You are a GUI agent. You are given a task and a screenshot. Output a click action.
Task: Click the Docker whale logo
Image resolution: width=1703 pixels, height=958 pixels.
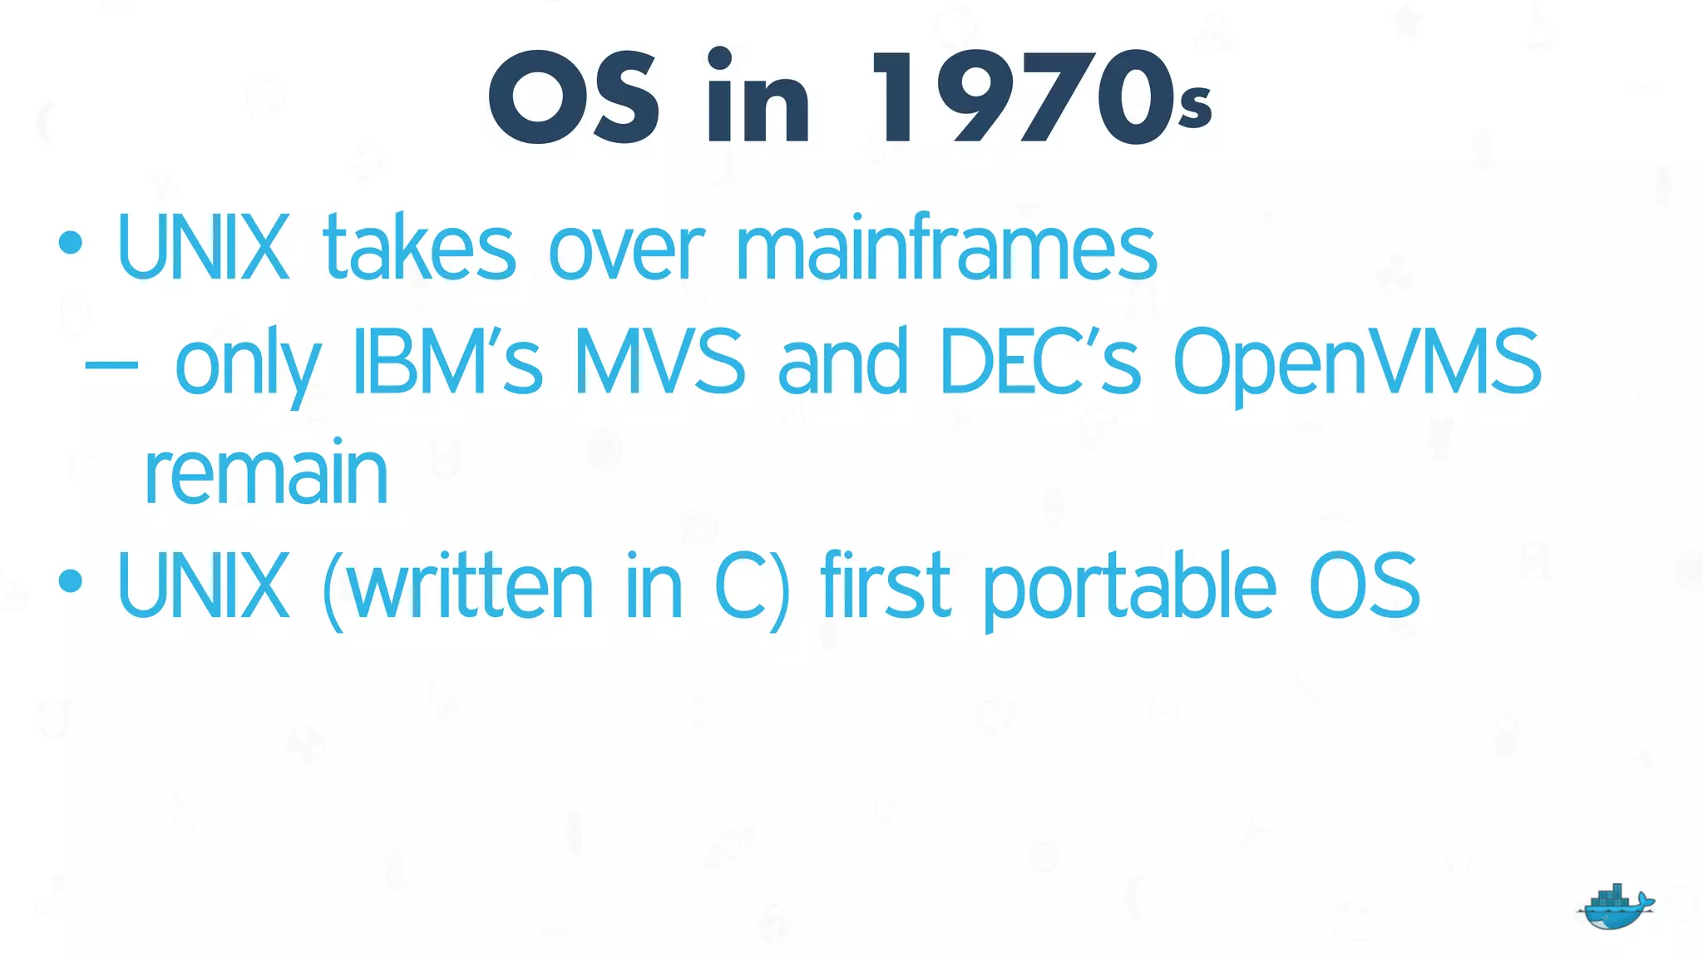(x=1615, y=908)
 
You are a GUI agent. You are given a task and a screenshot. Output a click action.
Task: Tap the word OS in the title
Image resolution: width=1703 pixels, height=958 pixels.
(x=573, y=96)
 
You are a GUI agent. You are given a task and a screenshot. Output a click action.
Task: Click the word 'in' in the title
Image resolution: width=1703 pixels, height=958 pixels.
(x=757, y=96)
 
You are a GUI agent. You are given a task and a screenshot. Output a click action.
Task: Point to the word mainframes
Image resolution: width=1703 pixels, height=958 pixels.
(x=946, y=247)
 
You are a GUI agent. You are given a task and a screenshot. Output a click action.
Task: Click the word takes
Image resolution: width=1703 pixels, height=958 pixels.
(x=419, y=247)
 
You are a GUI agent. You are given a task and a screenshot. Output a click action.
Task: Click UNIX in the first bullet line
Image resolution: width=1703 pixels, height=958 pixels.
(x=204, y=247)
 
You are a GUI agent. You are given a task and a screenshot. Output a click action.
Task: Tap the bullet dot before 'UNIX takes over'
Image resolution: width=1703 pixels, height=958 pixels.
(x=71, y=243)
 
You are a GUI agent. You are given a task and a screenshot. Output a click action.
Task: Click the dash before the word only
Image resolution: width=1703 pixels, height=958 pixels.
(x=111, y=364)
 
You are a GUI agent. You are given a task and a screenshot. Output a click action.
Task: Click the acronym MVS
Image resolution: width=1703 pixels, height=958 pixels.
(x=659, y=361)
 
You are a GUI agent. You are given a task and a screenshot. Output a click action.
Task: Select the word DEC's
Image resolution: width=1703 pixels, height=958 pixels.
(x=1040, y=361)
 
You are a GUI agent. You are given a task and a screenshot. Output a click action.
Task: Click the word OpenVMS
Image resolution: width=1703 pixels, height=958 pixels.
(x=1357, y=363)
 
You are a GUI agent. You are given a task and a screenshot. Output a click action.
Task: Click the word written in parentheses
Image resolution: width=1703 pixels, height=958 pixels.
(x=470, y=585)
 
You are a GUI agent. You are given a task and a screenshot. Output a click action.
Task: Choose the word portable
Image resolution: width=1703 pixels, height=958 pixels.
(x=1129, y=587)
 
